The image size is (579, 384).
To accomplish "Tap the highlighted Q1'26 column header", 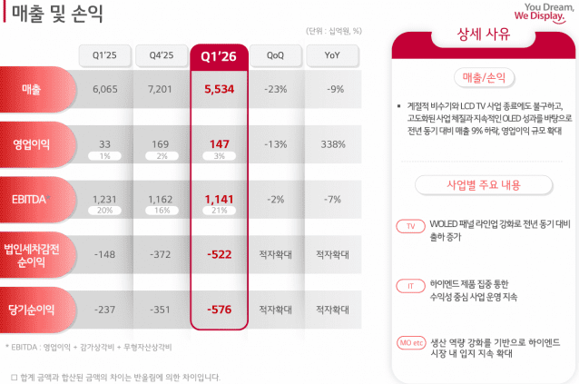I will (x=218, y=56).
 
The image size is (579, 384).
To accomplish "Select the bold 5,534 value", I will (x=218, y=89).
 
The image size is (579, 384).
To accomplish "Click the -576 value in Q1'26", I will (x=218, y=309).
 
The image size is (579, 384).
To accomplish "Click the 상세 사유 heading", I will (x=483, y=37).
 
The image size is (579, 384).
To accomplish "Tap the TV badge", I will (x=411, y=226).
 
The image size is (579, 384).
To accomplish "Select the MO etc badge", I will (x=412, y=342).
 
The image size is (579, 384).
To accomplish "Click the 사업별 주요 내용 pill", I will (x=483, y=184).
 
